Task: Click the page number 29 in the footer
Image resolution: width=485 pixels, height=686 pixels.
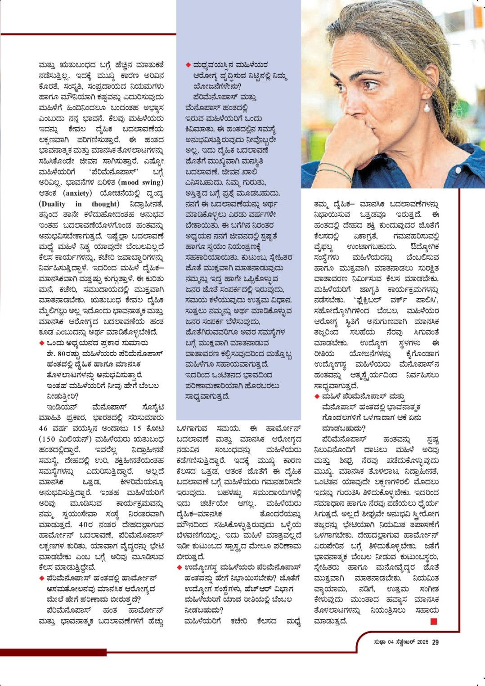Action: tap(435, 642)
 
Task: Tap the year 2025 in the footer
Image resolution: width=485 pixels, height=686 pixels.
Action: tap(422, 642)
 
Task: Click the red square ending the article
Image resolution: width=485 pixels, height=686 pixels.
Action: tap(434, 621)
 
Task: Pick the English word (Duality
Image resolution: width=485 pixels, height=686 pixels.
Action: tap(52, 204)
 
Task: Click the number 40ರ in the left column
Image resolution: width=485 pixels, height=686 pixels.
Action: tap(85, 525)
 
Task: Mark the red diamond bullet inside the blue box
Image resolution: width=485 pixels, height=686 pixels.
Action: tap(188, 65)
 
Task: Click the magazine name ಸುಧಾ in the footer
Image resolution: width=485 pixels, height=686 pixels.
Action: tap(380, 642)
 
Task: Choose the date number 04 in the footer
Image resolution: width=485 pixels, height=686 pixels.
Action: tap(391, 642)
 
